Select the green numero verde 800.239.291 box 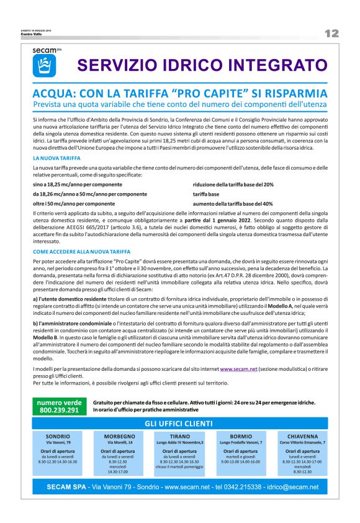point(59,407)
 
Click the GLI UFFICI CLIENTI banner point(179,423)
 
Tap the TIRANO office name point(179,436)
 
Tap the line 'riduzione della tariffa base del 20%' point(233,185)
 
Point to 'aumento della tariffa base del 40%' point(233,203)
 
